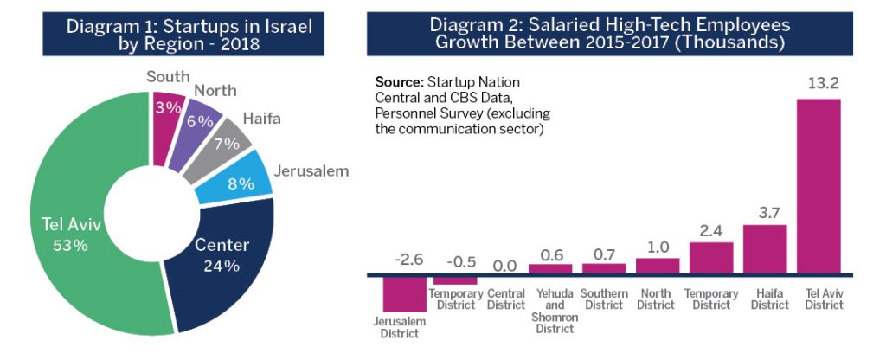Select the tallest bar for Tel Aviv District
pos(818,187)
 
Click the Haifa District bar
pos(765,250)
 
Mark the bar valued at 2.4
pos(711,259)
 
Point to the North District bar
pos(658,267)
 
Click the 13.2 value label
pos(818,83)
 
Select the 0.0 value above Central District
pos(506,265)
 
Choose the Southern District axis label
pos(604,299)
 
